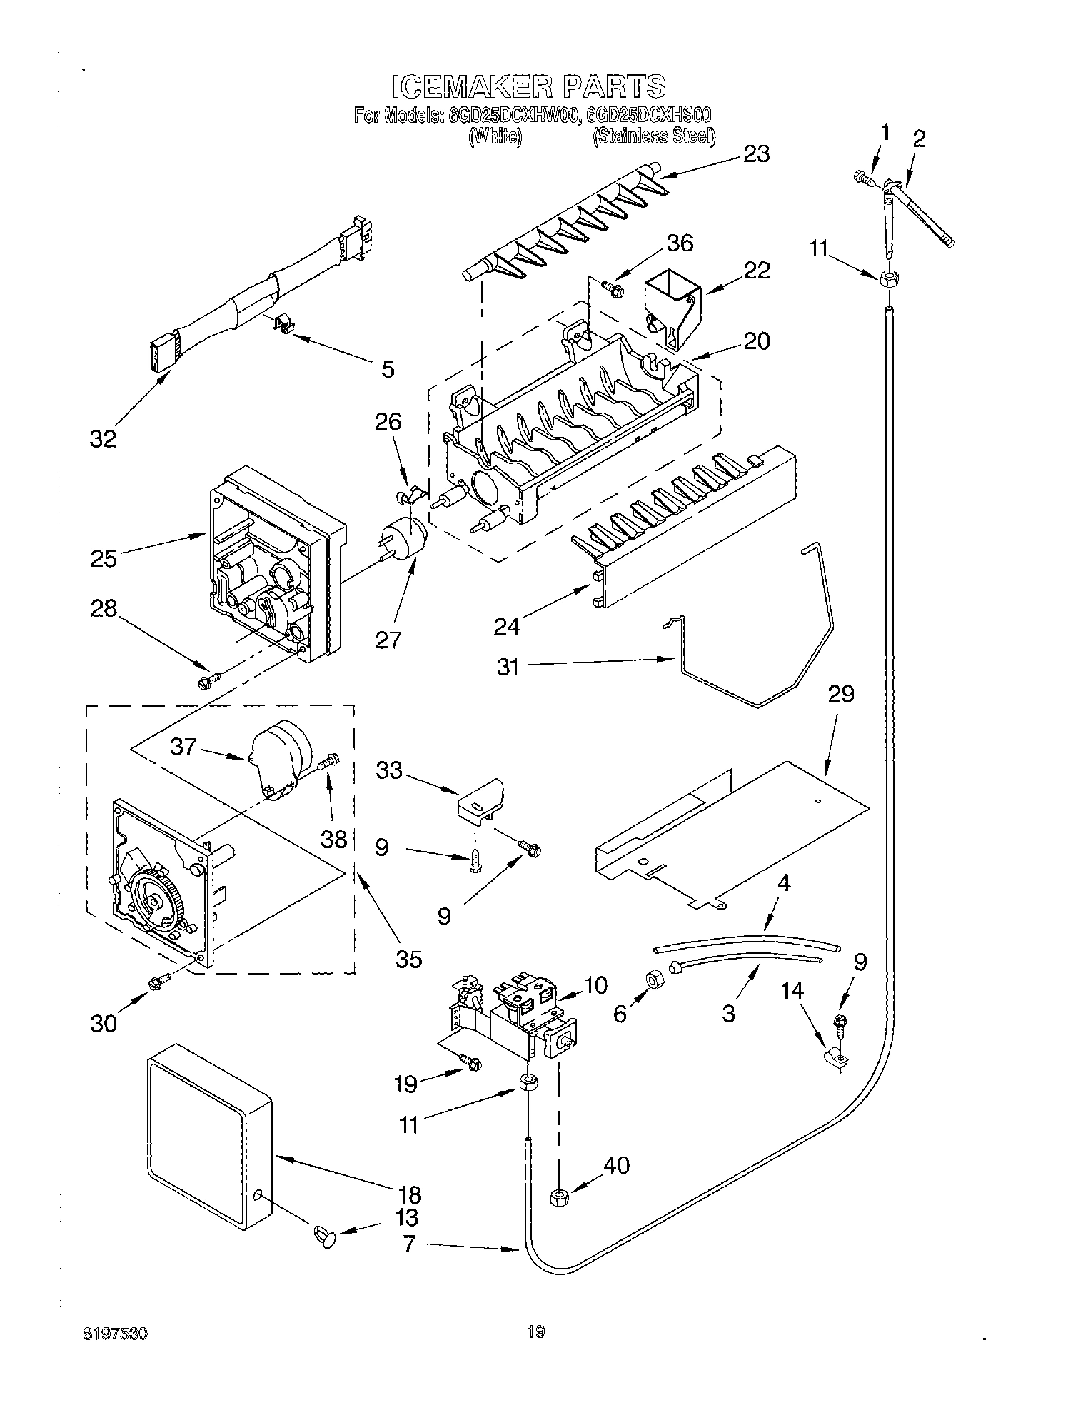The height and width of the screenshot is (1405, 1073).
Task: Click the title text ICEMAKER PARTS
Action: pyautogui.click(x=528, y=86)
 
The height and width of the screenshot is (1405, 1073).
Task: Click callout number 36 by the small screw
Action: pyautogui.click(x=680, y=243)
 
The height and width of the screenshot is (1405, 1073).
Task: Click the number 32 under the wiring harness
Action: pyautogui.click(x=103, y=438)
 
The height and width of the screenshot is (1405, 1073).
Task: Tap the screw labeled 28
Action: pyautogui.click(x=207, y=680)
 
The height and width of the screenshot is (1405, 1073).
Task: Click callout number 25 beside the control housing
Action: pyautogui.click(x=104, y=558)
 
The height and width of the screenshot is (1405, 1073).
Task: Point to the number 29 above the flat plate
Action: pyautogui.click(x=841, y=693)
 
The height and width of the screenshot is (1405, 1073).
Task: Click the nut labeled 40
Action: pyautogui.click(x=558, y=1197)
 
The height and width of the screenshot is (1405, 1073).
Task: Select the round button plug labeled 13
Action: pyautogui.click(x=325, y=1233)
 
